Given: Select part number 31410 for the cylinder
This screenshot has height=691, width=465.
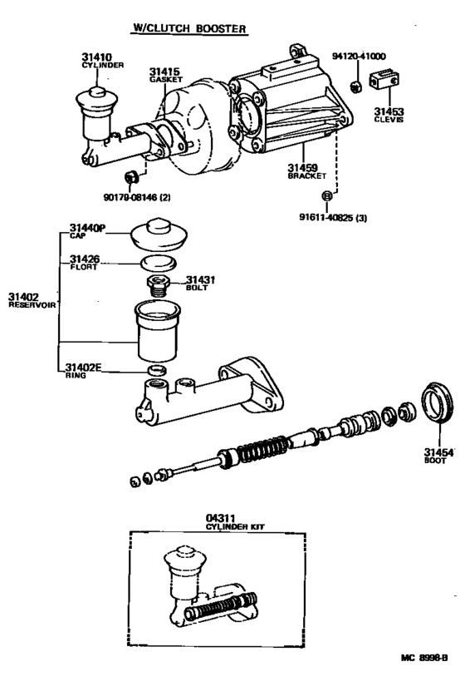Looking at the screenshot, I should (96, 57).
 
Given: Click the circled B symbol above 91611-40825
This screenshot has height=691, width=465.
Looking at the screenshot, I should (326, 195).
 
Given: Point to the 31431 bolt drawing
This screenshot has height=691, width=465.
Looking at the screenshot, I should (159, 286).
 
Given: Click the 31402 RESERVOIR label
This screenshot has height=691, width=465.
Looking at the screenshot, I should (30, 300).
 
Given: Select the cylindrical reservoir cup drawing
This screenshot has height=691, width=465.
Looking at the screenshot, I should (157, 331).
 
